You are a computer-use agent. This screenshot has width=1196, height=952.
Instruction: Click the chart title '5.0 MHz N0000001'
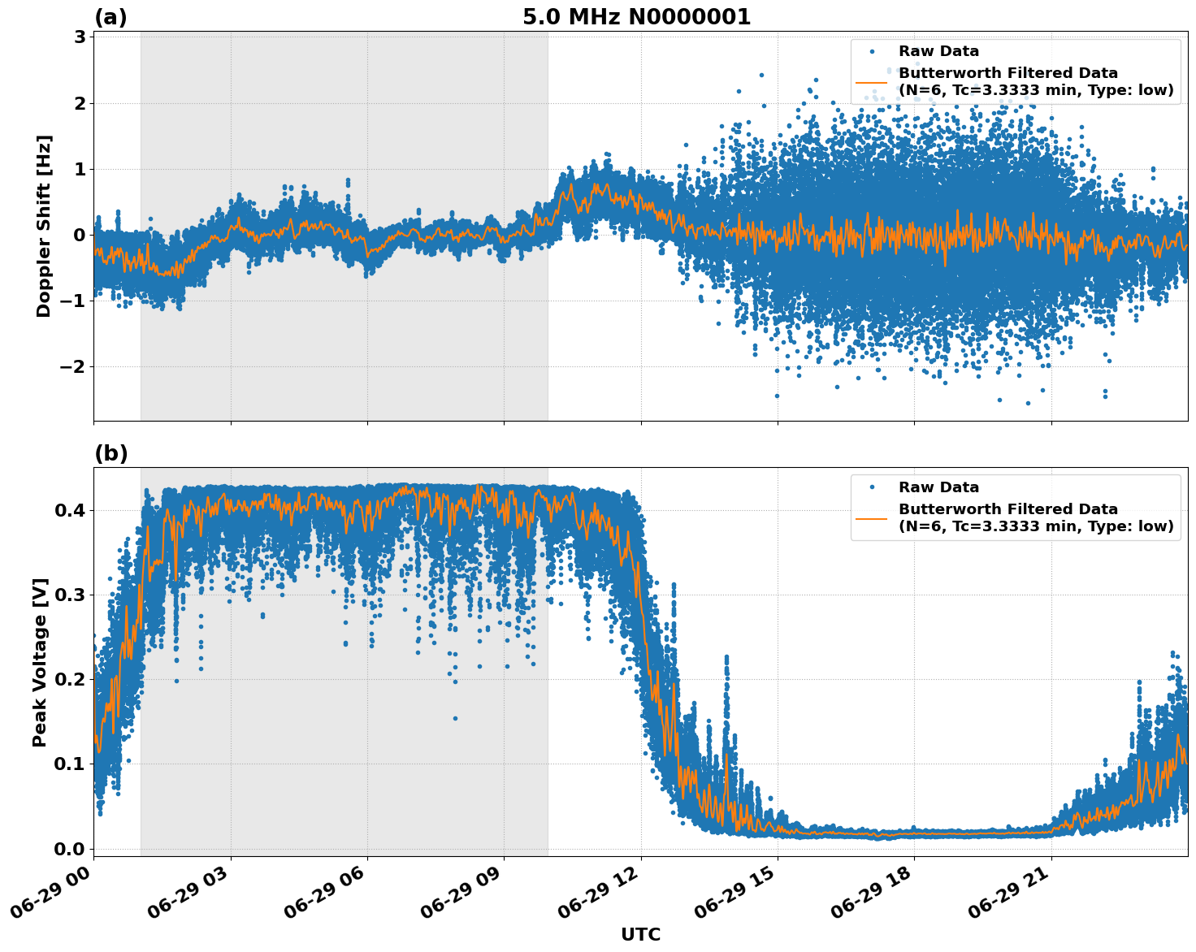pyautogui.click(x=636, y=17)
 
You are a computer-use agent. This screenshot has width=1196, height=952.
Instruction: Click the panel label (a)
pyautogui.click(x=110, y=17)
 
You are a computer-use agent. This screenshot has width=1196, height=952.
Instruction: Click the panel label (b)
pyautogui.click(x=110, y=453)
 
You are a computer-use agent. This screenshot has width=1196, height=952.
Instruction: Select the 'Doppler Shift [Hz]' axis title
pyautogui.click(x=44, y=226)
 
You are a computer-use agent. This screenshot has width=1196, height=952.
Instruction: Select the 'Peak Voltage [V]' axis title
pyautogui.click(x=40, y=662)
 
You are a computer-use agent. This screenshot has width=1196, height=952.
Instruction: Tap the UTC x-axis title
pyautogui.click(x=640, y=934)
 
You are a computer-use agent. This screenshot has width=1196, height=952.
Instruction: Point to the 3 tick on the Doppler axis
pyautogui.click(x=80, y=37)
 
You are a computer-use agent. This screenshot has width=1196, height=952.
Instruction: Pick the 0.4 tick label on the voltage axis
pyautogui.click(x=71, y=510)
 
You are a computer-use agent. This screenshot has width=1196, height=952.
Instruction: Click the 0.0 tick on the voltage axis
pyautogui.click(x=71, y=849)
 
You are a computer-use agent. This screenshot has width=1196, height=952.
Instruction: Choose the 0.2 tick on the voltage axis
pyautogui.click(x=71, y=679)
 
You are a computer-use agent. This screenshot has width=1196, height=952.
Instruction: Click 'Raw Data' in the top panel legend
pyautogui.click(x=938, y=51)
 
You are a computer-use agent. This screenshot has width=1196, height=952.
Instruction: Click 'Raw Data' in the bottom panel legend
pyautogui.click(x=938, y=487)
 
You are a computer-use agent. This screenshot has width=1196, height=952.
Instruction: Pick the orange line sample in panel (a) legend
pyautogui.click(x=871, y=82)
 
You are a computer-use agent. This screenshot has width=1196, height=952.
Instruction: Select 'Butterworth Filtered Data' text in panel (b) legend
pyautogui.click(x=1007, y=509)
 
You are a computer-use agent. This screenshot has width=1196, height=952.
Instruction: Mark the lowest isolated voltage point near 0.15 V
pyautogui.click(x=455, y=718)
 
